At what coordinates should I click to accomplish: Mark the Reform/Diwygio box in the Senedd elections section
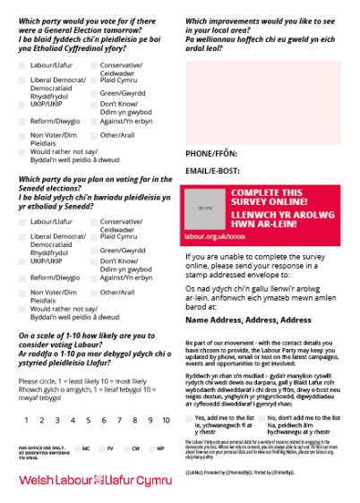[x=22, y=278]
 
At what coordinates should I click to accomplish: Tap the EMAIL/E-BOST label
[x=211, y=170]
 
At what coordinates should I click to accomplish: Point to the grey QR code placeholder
[x=205, y=208]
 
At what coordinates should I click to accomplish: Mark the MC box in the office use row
[x=77, y=448]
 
